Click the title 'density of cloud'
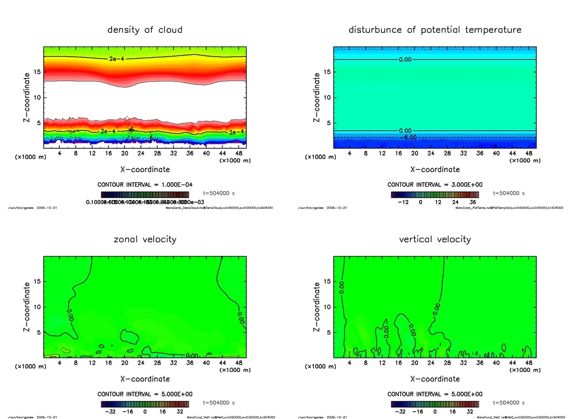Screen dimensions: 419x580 (x=145, y=29)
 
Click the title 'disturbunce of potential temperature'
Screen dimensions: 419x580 (x=435, y=29)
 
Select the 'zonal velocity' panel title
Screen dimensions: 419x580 (x=145, y=239)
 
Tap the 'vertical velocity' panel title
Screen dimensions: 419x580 (x=435, y=239)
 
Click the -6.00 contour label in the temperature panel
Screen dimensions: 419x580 (x=409, y=137)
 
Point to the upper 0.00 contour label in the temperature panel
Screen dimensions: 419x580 (x=405, y=59)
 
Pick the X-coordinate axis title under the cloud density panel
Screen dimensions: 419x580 (x=145, y=169)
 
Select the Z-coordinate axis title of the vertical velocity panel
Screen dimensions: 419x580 (x=317, y=308)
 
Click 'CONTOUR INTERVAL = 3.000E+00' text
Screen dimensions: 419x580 (x=435, y=185)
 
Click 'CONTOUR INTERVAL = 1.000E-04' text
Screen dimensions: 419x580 (x=145, y=185)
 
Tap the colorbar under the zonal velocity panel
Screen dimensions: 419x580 (x=145, y=404)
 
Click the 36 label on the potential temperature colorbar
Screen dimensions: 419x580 (x=472, y=202)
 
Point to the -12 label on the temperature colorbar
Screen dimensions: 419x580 (x=404, y=202)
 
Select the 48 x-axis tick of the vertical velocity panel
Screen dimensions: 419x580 (x=528, y=363)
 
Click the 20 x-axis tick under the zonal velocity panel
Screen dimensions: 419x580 (x=125, y=363)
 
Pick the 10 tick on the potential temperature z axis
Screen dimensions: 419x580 (x=327, y=97)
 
